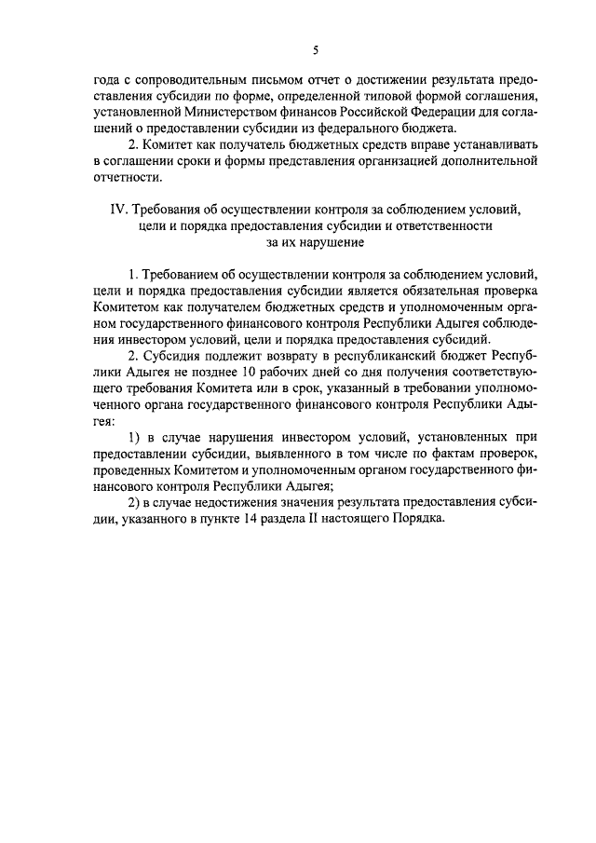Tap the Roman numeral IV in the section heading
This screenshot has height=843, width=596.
pos(119,210)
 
